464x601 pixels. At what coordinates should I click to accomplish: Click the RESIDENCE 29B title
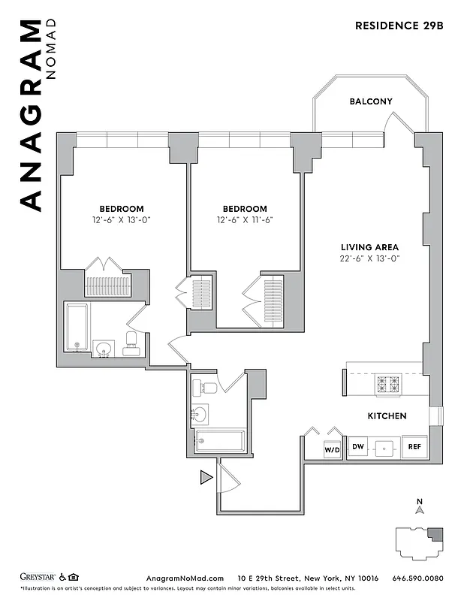(x=399, y=26)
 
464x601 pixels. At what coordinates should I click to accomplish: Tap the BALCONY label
(x=370, y=101)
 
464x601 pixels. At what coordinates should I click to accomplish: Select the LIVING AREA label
(x=369, y=247)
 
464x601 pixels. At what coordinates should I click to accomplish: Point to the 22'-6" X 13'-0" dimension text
(x=369, y=259)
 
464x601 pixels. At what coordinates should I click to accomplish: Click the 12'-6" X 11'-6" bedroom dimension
(x=245, y=221)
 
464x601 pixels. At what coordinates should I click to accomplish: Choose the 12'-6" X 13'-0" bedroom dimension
(x=122, y=221)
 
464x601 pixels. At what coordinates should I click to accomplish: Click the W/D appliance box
(x=332, y=448)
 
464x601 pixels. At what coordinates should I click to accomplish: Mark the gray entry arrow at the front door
(x=205, y=476)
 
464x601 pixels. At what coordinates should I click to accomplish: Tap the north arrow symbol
(x=420, y=509)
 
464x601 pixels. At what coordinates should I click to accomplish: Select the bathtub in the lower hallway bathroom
(x=219, y=440)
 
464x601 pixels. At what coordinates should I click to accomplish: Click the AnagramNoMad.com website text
(x=184, y=578)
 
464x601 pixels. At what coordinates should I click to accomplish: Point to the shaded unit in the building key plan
(x=435, y=536)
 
